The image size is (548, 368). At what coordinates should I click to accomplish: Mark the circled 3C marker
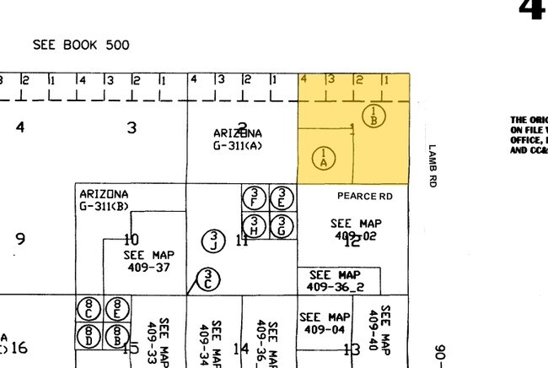[x=210, y=279]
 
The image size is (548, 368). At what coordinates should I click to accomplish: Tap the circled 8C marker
[x=89, y=310]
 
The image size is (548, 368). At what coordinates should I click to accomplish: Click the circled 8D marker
[x=89, y=335]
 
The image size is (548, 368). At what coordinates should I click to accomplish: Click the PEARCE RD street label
[x=364, y=197]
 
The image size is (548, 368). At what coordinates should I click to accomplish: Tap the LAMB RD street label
[x=432, y=165]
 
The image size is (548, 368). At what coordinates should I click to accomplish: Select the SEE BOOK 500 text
[x=81, y=45]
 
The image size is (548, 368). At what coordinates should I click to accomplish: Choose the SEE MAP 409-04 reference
[x=325, y=323]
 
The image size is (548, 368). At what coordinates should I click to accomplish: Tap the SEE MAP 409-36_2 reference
[x=336, y=281]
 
